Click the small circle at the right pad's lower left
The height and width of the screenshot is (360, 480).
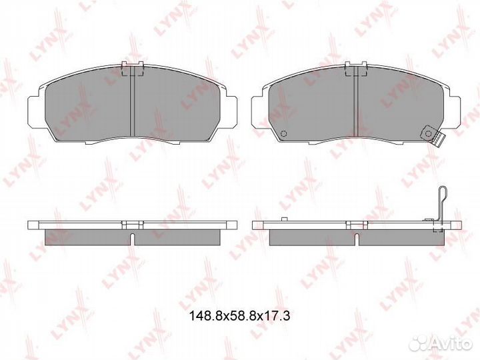(283, 132)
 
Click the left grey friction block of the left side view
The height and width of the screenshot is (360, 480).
(87, 235)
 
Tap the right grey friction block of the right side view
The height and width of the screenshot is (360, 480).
(400, 235)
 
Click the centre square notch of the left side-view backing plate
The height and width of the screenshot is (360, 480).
(134, 224)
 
